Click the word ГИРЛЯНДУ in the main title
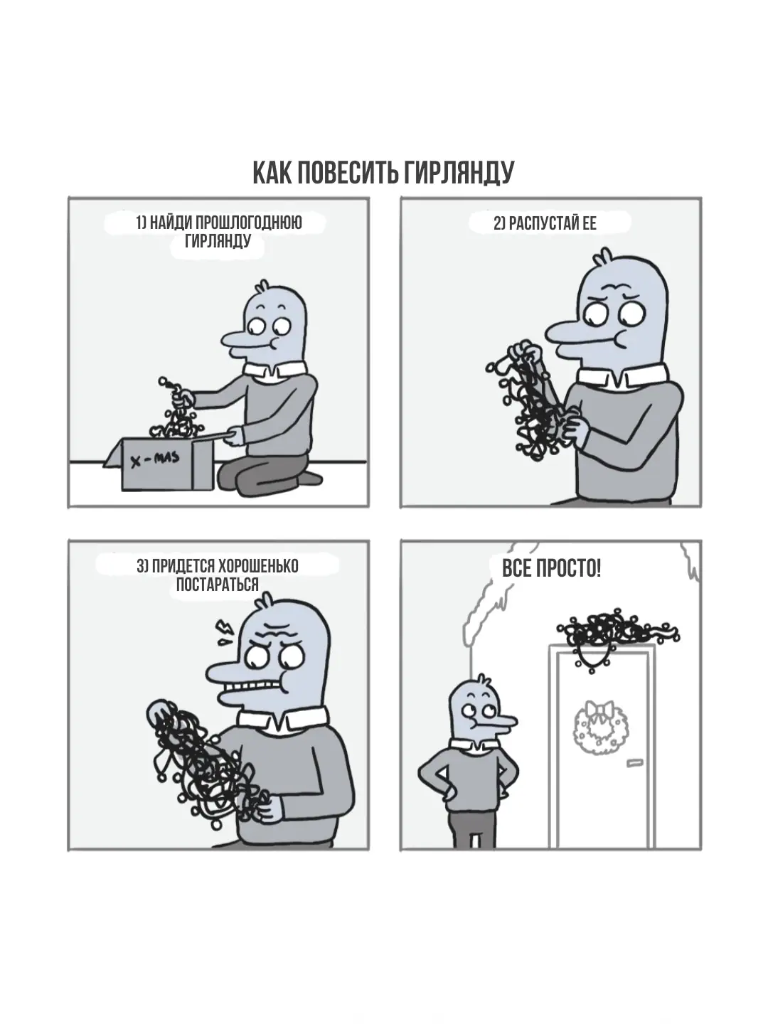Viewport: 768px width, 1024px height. point(459,173)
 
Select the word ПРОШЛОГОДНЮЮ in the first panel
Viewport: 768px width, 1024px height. point(248,223)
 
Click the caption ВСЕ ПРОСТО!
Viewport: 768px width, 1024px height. point(552,569)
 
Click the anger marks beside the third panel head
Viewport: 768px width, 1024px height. point(225,631)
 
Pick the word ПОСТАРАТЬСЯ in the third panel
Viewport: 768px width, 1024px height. point(218,584)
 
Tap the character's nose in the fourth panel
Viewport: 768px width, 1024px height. point(501,722)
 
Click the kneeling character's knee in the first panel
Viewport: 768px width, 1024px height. point(233,476)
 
